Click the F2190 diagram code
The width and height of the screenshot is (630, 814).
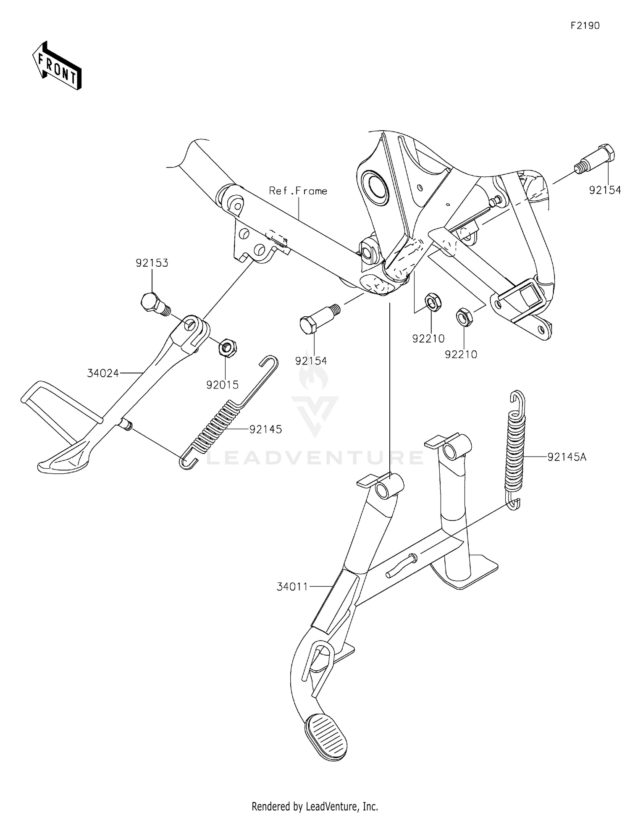pyautogui.click(x=585, y=26)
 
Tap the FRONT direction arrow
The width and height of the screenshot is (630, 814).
pyautogui.click(x=57, y=65)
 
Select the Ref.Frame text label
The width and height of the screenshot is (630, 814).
pyautogui.click(x=298, y=191)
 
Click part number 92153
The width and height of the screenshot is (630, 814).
pyautogui.click(x=152, y=263)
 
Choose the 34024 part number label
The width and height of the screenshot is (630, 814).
pyautogui.click(x=103, y=373)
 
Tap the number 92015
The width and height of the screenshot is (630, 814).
pyautogui.click(x=222, y=384)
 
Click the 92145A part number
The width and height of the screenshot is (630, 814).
pyautogui.click(x=567, y=457)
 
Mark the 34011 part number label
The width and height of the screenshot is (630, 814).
pyautogui.click(x=292, y=587)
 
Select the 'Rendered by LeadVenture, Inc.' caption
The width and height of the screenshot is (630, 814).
pyautogui.click(x=315, y=806)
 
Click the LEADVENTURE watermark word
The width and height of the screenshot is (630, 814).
pyautogui.click(x=315, y=457)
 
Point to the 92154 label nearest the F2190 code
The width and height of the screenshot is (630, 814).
pyautogui.click(x=605, y=190)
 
